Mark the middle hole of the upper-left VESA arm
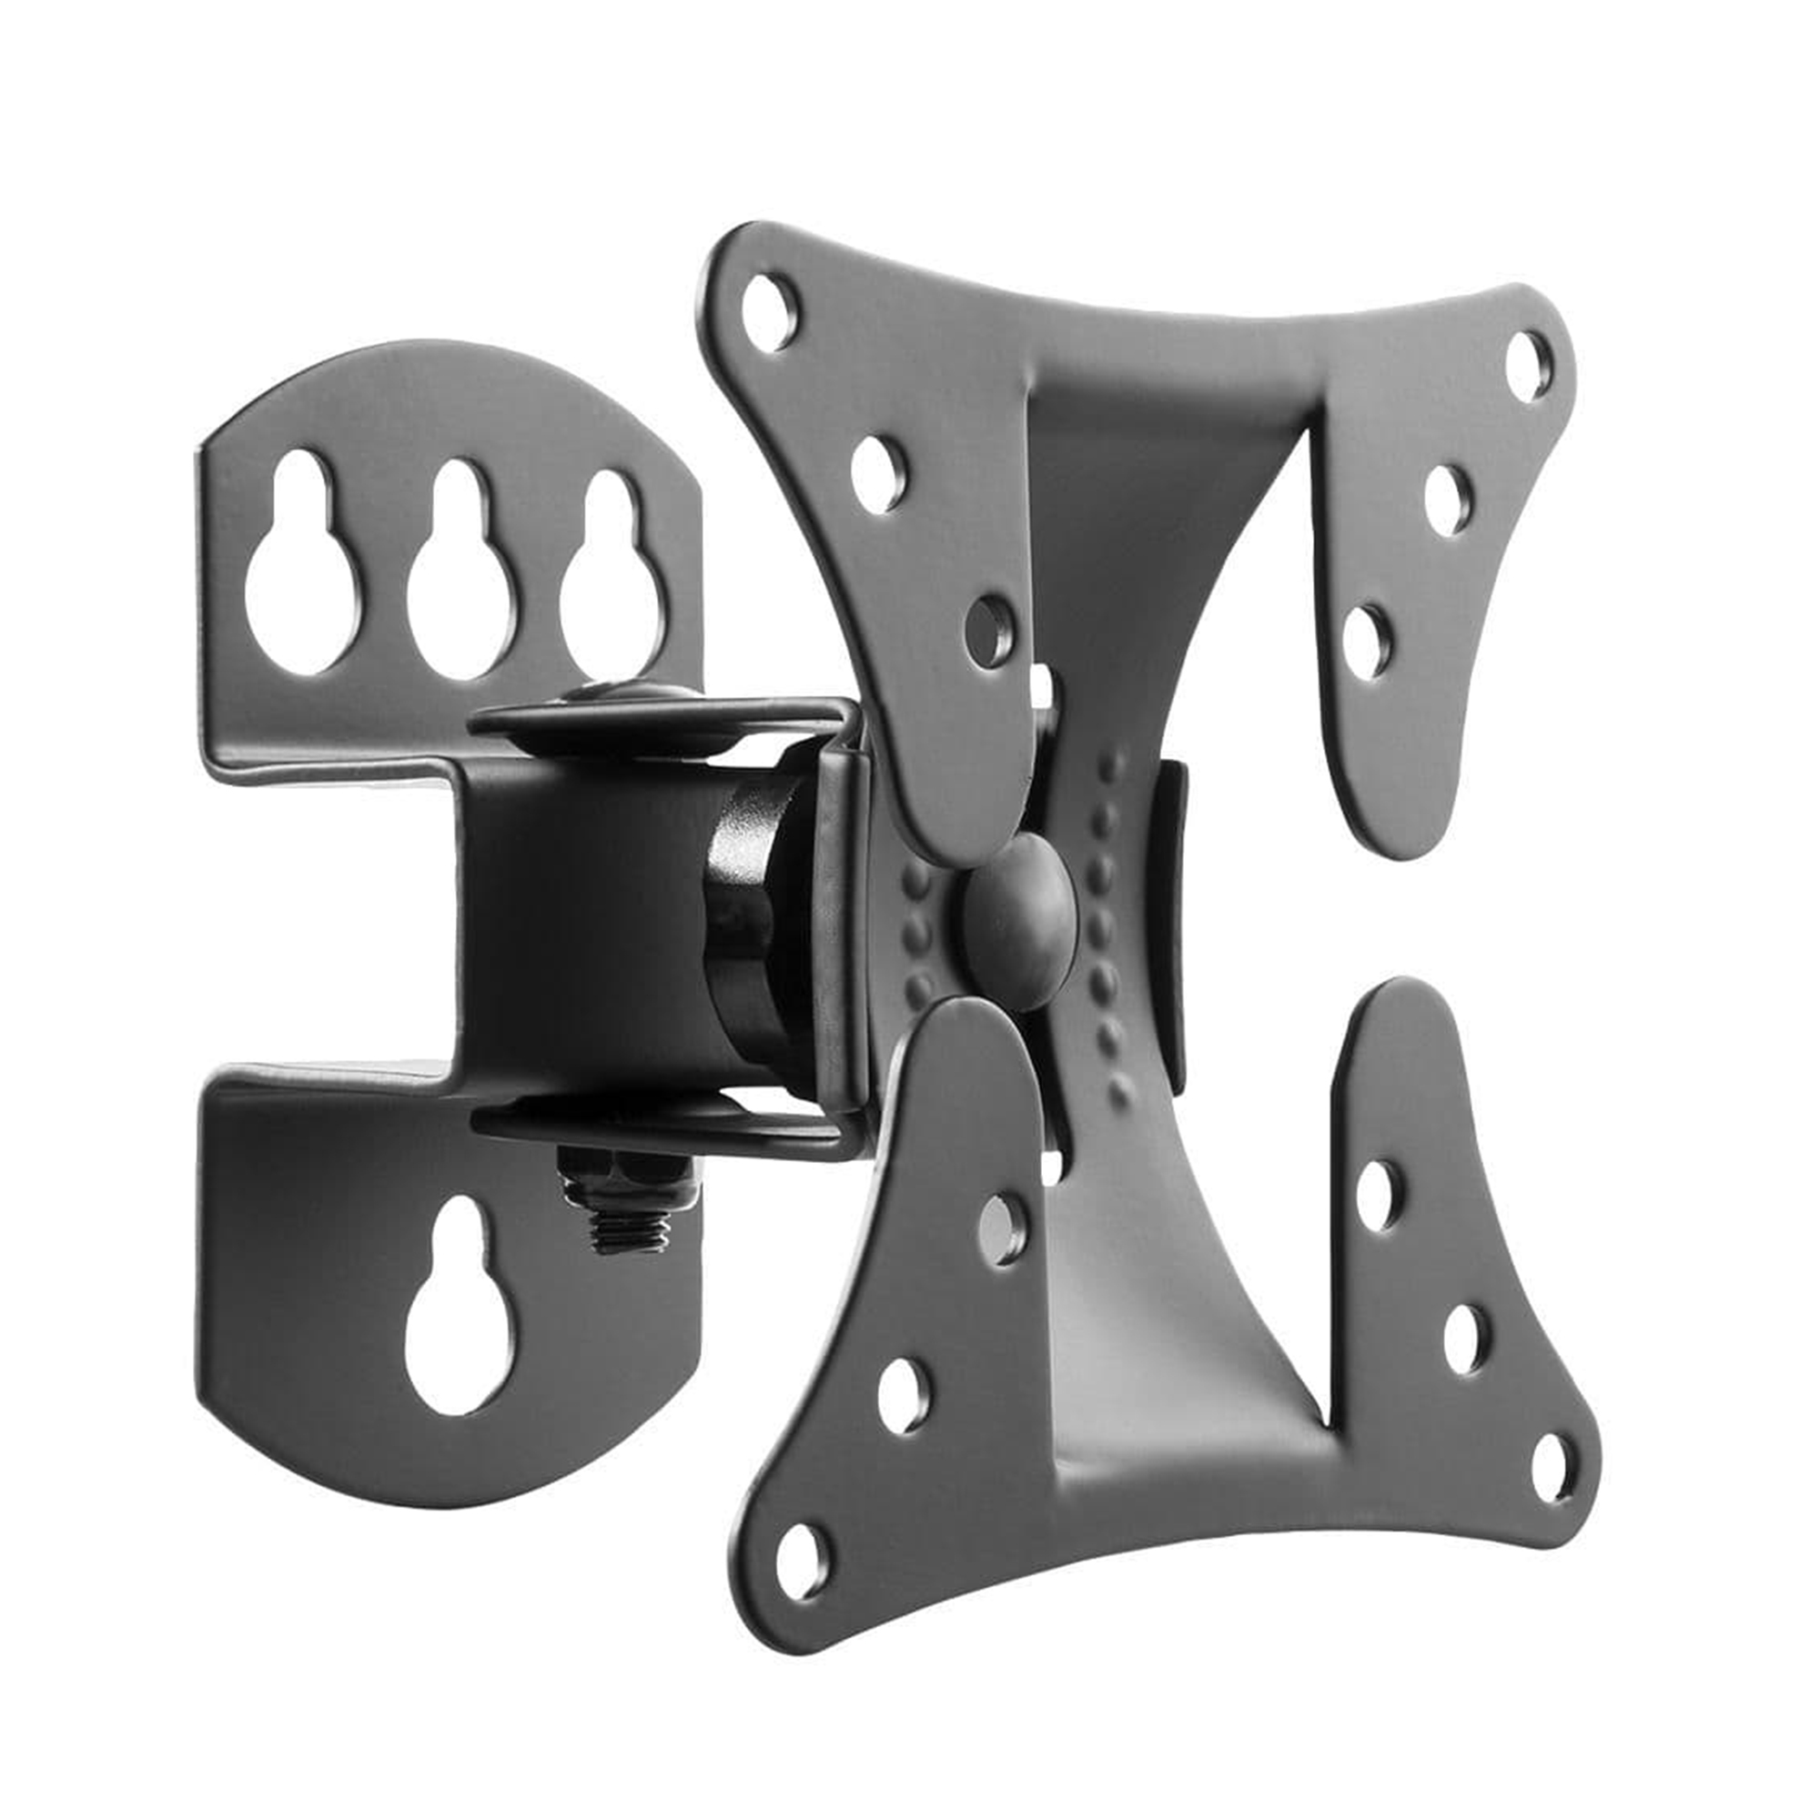tap(878, 474)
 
